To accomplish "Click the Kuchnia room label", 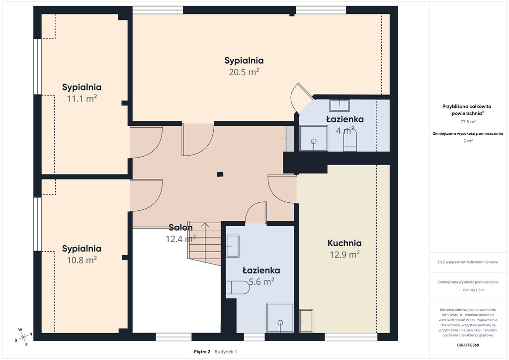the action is point(344,243).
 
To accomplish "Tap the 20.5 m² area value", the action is point(244,72).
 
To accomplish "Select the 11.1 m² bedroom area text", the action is point(82,98).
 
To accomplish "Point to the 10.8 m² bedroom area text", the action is point(82,260).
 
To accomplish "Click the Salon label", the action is point(180,228).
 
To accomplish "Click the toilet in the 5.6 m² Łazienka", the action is point(238,287).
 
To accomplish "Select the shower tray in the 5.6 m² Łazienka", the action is point(280,318).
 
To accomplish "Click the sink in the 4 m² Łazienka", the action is point(339,106).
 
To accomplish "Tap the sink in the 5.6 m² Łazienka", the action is point(233,246).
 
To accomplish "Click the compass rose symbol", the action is point(23,337).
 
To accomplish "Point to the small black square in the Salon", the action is point(220,174).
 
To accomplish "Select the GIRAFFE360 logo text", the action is point(468,345).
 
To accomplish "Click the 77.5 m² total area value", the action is point(468,122).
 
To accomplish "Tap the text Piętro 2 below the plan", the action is point(202,352).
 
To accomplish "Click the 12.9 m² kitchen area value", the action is point(345,255).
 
